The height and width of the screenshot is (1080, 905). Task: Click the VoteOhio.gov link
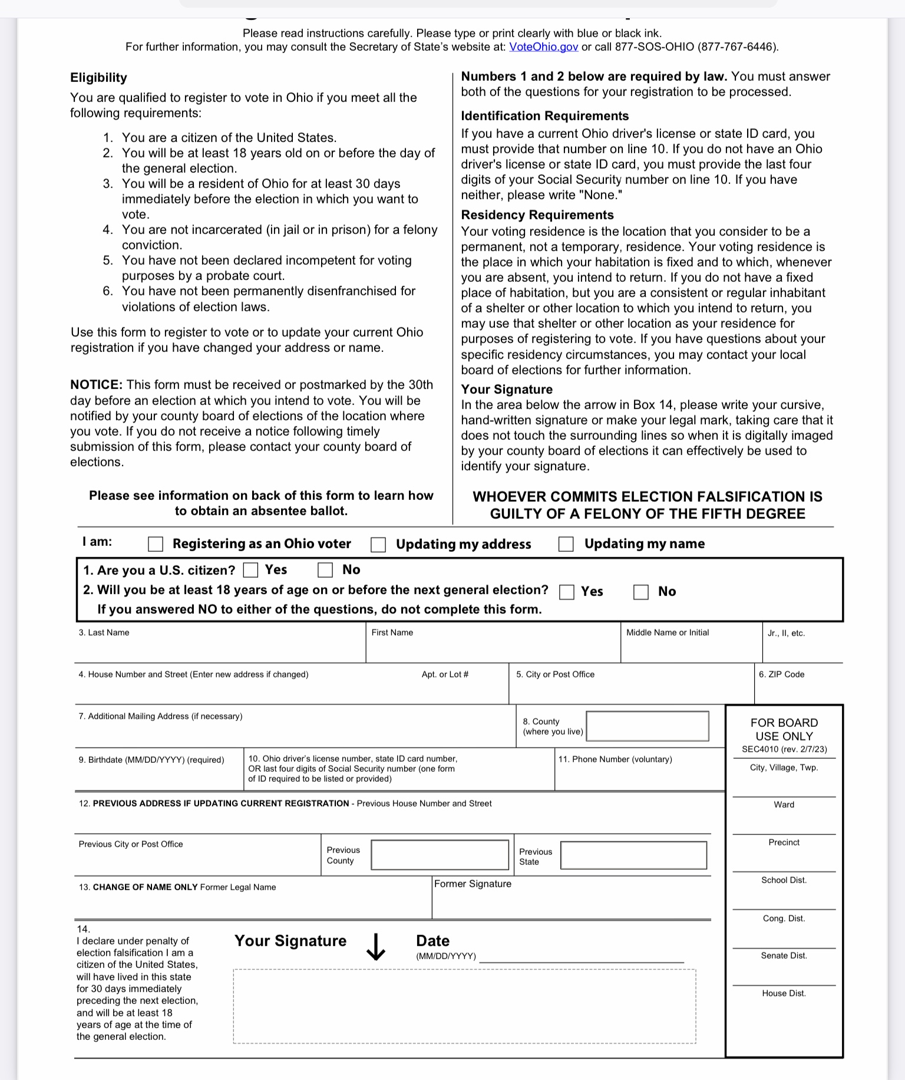click(x=543, y=47)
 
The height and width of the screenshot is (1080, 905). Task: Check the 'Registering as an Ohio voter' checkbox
click(x=156, y=544)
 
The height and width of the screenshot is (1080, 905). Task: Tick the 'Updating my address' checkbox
click(x=378, y=545)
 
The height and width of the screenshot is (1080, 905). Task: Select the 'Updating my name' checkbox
click(x=566, y=544)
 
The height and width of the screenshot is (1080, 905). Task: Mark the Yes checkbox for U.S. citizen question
click(x=251, y=570)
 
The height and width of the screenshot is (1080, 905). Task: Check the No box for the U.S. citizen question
click(x=325, y=570)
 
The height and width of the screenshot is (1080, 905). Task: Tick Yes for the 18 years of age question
click(x=567, y=592)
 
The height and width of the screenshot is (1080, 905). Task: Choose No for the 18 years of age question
click(x=641, y=592)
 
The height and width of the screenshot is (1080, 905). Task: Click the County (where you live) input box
click(x=648, y=726)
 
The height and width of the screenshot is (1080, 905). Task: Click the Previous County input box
click(x=440, y=855)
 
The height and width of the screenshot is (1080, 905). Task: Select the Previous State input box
click(x=633, y=855)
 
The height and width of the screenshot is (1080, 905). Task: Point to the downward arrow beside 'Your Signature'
click(x=375, y=946)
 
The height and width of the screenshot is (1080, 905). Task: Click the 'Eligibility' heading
click(x=98, y=78)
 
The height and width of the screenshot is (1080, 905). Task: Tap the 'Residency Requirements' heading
click(x=537, y=215)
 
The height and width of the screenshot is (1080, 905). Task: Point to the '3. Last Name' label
click(x=104, y=633)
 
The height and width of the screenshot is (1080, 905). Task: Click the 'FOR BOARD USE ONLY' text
click(x=784, y=729)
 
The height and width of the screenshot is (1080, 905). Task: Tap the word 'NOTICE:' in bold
click(x=96, y=385)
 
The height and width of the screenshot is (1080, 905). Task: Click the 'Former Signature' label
click(x=473, y=884)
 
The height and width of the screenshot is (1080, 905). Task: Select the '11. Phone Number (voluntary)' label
click(x=615, y=759)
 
